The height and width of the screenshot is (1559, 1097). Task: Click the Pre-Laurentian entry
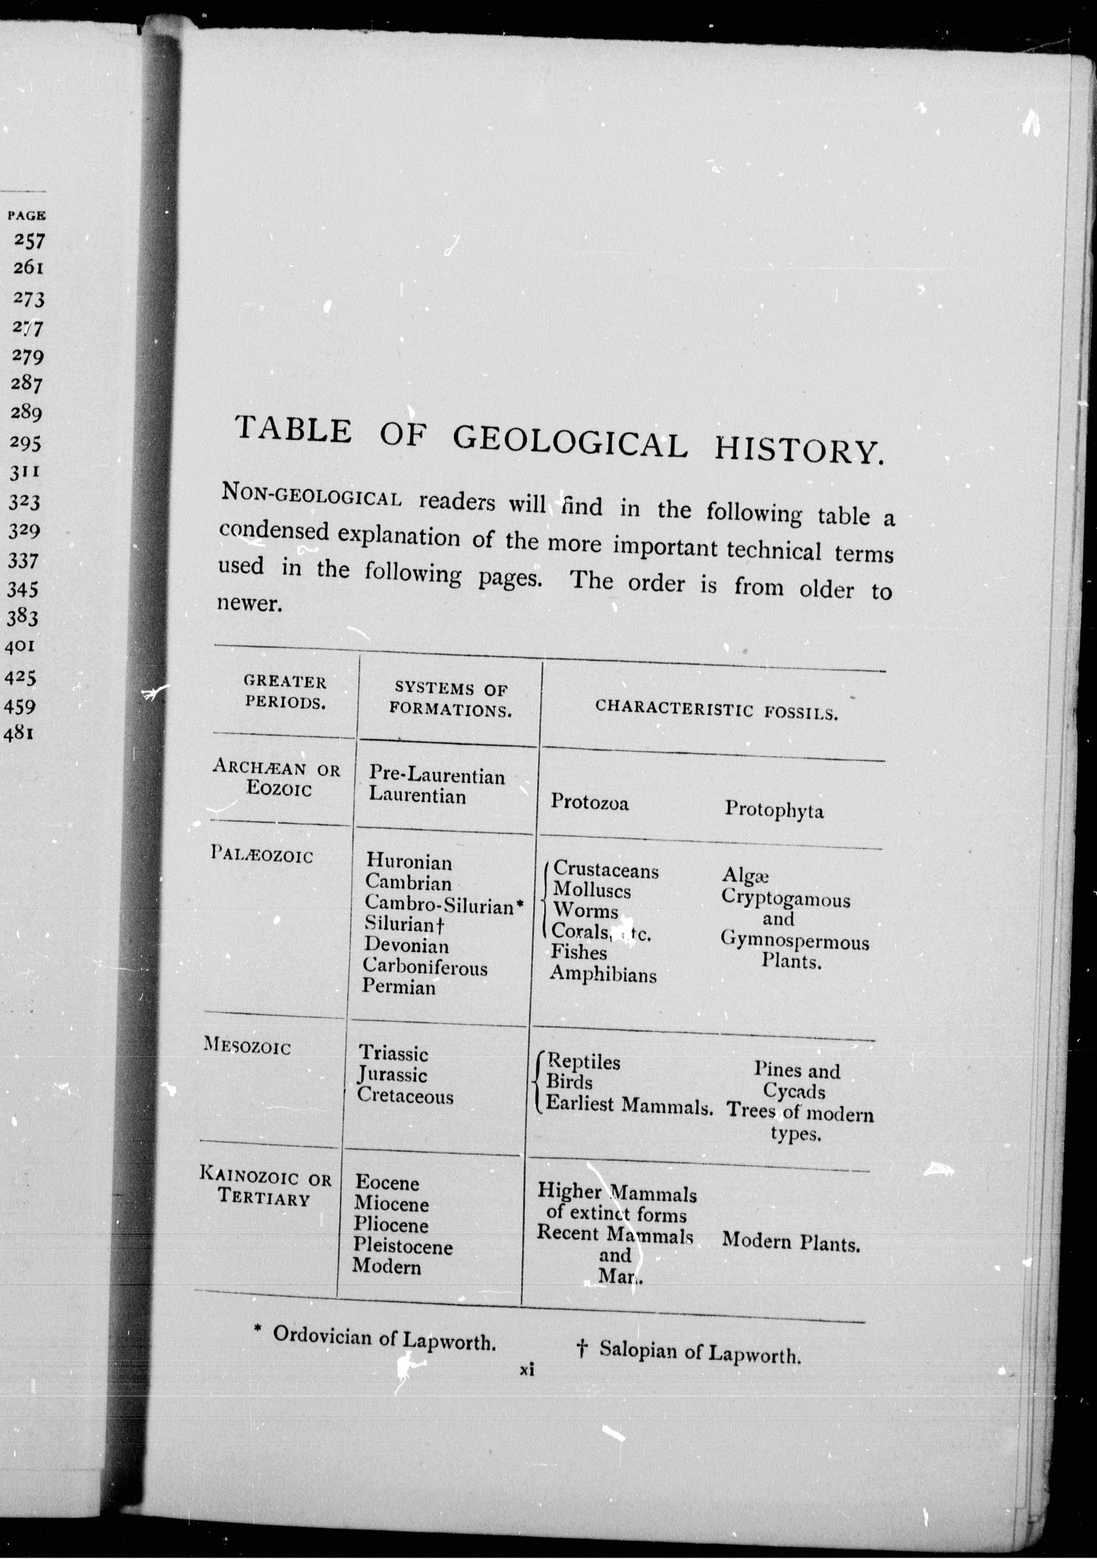pos(437,776)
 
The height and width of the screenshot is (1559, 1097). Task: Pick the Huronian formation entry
pos(409,862)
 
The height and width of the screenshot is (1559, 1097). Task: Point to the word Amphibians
pos(603,975)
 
